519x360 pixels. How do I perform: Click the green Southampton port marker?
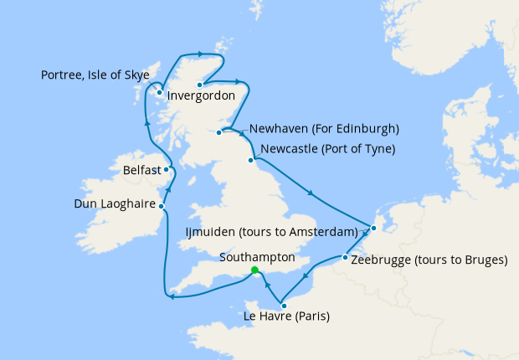click(254, 270)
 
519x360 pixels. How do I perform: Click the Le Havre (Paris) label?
click(285, 316)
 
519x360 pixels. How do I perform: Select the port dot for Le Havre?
click(284, 305)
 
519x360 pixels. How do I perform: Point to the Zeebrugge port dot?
click(345, 258)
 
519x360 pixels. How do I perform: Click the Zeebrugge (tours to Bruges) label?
click(429, 260)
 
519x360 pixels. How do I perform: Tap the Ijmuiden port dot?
click(373, 228)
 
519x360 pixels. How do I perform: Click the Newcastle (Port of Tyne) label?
click(327, 150)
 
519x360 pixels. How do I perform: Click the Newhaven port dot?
click(219, 132)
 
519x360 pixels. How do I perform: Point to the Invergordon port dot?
click(200, 85)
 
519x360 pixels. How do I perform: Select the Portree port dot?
click(159, 92)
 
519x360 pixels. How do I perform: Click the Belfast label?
click(141, 170)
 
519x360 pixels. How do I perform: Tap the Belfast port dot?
click(166, 169)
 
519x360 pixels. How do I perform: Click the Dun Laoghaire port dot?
click(162, 205)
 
